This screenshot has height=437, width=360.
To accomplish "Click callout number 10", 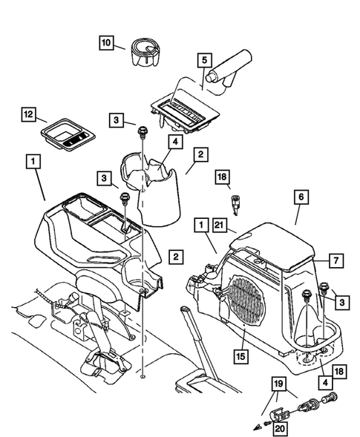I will pos(108,43).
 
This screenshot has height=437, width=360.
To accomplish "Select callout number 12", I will pos(28,116).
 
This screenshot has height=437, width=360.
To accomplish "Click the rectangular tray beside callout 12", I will pos(68,136).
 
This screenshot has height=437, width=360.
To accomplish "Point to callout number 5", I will pos(206,59).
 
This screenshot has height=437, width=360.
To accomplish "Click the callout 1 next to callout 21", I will pos(201,223).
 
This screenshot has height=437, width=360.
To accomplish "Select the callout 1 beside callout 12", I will pos(32,160).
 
